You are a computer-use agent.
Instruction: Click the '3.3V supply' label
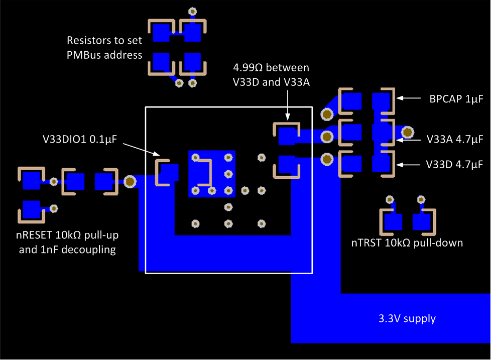407,318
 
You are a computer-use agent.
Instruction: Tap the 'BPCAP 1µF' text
456,99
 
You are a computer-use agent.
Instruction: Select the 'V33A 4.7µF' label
455,138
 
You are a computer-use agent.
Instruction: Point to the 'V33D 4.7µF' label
455,164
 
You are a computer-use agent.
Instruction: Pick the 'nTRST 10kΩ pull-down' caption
407,243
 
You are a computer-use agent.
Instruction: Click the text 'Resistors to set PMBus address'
104,48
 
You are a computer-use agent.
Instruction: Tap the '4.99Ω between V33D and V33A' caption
271,75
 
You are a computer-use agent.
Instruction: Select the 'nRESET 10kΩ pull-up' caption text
67,235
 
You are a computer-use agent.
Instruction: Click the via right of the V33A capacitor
407,133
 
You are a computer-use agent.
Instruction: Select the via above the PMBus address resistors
191,11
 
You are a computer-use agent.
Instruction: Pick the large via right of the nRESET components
130,181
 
